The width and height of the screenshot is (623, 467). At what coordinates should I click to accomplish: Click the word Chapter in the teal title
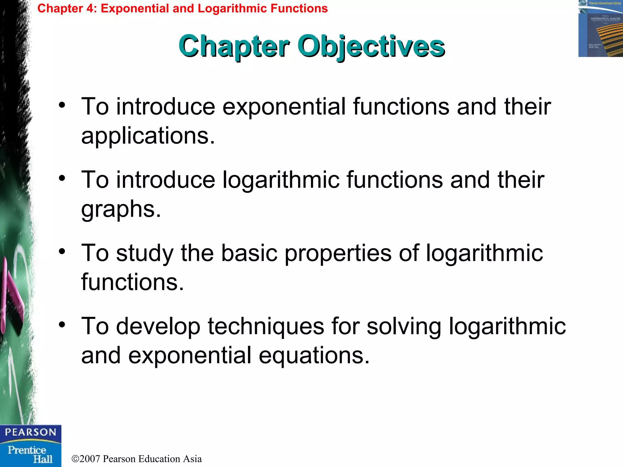(234, 46)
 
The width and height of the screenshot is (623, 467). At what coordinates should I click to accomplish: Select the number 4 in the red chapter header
(90, 9)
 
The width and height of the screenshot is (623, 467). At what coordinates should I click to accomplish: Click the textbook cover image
(600, 29)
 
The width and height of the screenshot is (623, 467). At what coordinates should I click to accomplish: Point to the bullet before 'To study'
(62, 252)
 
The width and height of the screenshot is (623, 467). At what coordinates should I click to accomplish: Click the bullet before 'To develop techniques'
(62, 325)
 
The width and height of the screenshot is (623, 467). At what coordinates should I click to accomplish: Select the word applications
(148, 136)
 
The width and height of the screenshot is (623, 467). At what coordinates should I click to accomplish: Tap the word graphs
(121, 209)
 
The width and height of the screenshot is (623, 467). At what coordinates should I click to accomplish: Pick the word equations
(314, 355)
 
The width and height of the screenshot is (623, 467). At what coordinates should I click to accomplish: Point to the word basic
(249, 253)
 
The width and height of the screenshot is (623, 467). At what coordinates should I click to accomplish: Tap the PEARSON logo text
(30, 432)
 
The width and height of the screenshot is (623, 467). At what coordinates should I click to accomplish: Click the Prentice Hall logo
(30, 454)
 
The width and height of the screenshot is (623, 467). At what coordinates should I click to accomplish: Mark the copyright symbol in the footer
(75, 459)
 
